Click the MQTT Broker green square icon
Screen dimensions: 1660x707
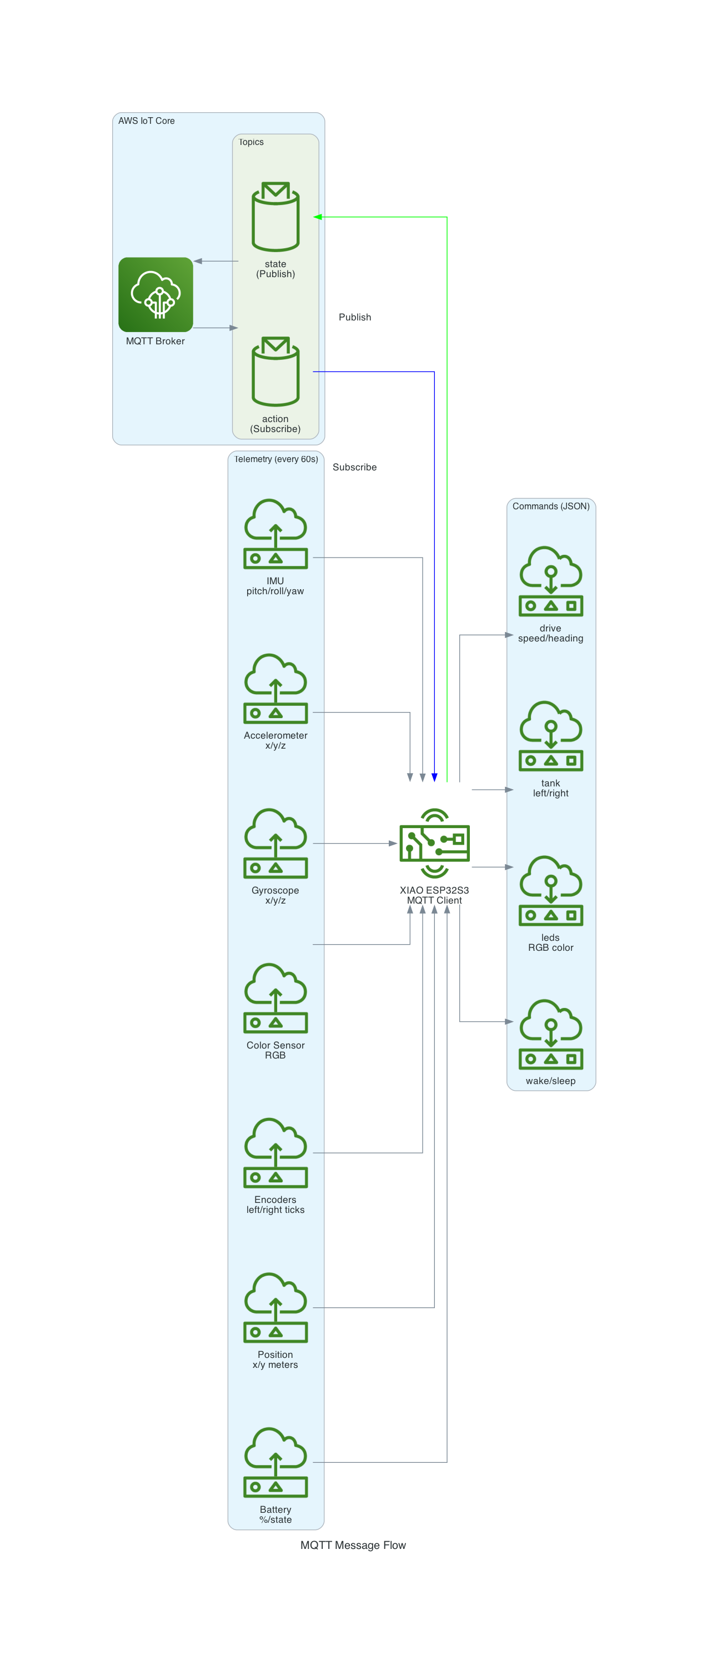[x=156, y=294]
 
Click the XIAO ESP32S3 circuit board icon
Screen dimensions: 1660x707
[x=434, y=843]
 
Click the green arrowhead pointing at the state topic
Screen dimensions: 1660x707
[x=318, y=217]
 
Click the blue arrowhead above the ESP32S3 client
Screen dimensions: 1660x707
[x=434, y=777]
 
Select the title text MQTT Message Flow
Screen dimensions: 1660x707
[x=353, y=1544]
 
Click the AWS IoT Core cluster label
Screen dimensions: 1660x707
[x=146, y=121]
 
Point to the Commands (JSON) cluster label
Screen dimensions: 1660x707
[x=550, y=506]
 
